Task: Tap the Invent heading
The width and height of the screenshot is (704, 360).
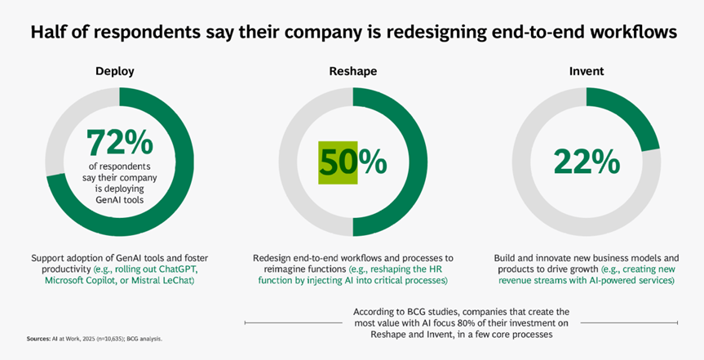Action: (587, 72)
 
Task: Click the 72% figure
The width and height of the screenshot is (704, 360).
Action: (120, 144)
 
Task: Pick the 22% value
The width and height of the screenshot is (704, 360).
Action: (586, 161)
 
